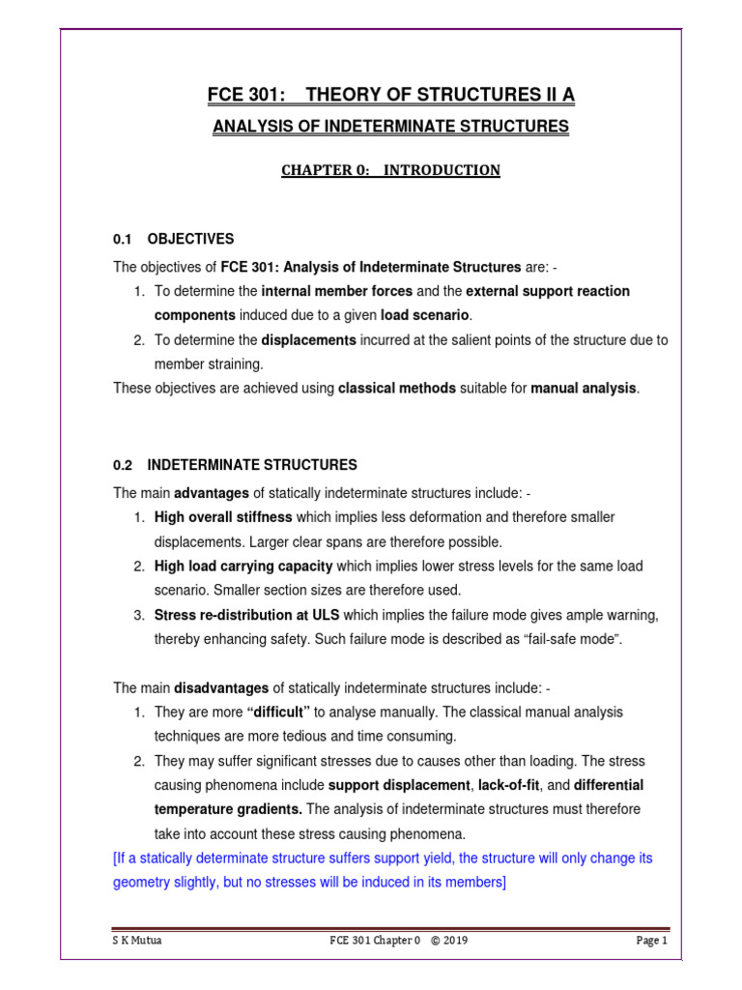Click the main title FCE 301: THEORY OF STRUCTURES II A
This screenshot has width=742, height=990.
[390, 94]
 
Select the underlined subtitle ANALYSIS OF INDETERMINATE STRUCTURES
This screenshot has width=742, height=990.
[390, 127]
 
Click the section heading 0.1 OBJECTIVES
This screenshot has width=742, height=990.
[174, 239]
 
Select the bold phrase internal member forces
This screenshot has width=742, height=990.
[337, 291]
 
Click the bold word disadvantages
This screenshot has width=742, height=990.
[221, 687]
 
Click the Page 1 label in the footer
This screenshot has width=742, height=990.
[651, 941]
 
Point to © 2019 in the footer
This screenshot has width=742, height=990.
[449, 941]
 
